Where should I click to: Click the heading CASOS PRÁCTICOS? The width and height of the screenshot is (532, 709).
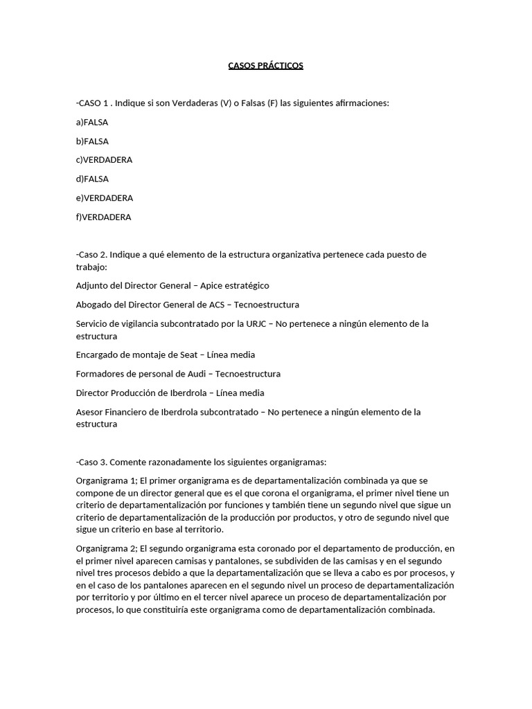pos(266,66)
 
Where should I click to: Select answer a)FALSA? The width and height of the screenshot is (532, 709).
pos(92,123)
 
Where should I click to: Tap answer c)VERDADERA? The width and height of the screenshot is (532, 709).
pos(104,160)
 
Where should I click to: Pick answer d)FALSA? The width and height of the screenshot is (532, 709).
pos(92,179)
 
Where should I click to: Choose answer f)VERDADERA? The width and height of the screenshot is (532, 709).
pos(103,217)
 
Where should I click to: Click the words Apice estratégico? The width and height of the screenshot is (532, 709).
pos(236,285)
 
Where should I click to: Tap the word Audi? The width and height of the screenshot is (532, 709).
pos(197,374)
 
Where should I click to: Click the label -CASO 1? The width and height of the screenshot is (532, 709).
pos(92,103)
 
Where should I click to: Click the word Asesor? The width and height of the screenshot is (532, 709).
pos(89,412)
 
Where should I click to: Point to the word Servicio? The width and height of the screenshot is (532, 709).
pos(92,323)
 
